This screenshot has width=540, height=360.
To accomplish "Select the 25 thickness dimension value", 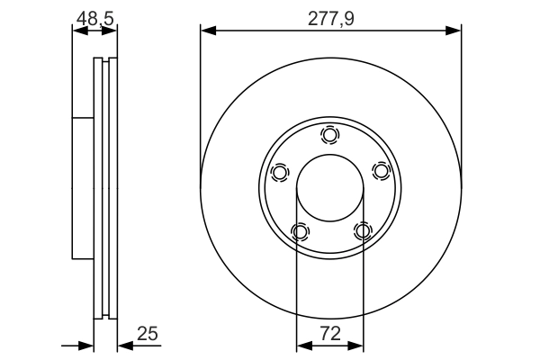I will (x=147, y=334).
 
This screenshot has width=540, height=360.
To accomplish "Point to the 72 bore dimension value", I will (x=330, y=334).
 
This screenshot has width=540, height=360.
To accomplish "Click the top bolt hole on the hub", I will (x=330, y=136).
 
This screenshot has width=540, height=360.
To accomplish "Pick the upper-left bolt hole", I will (x=280, y=172).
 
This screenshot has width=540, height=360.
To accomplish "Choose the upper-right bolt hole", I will (x=381, y=171).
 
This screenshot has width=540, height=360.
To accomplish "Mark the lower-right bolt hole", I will (x=363, y=232).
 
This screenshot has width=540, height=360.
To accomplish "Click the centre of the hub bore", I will (x=330, y=189).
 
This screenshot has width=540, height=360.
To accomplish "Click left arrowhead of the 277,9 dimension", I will (x=207, y=31).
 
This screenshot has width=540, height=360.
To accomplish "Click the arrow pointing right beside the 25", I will (x=87, y=345).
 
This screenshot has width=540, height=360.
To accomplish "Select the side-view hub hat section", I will (x=82, y=189).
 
